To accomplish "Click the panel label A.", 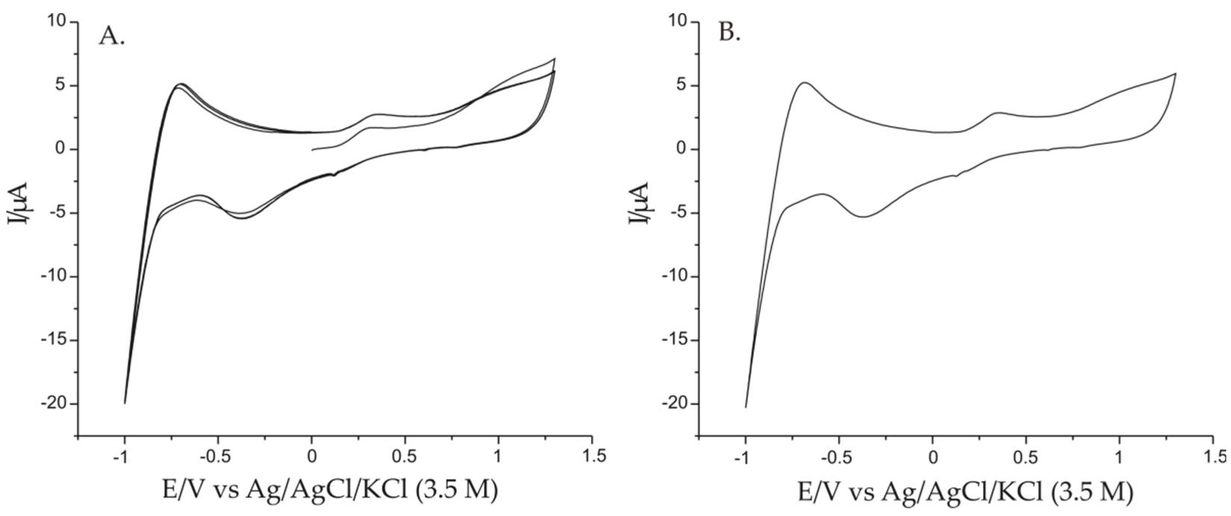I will point(112,36).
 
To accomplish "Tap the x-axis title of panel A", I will point(330,490).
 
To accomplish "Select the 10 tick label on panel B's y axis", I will point(679,22).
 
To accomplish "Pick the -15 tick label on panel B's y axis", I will point(674,340).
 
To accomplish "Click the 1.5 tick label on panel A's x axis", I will point(593,457).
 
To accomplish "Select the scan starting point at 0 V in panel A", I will point(312,149).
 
